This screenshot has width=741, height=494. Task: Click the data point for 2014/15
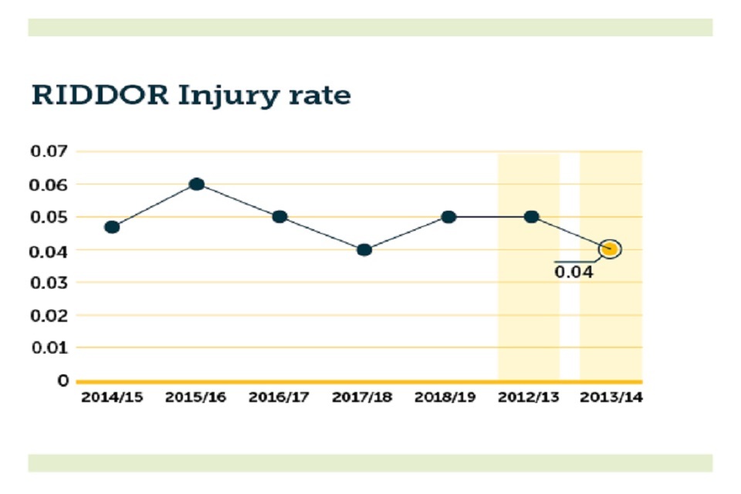pyautogui.click(x=112, y=227)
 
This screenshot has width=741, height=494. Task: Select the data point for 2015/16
pyautogui.click(x=196, y=184)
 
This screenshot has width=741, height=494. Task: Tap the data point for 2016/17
pyautogui.click(x=279, y=217)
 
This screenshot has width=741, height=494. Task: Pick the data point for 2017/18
pyautogui.click(x=364, y=249)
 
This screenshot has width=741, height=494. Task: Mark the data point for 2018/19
pyautogui.click(x=448, y=217)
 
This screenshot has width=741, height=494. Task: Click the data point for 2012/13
pyautogui.click(x=531, y=217)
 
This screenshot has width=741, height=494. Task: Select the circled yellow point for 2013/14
pyautogui.click(x=610, y=249)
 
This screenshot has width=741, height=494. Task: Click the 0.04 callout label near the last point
pyautogui.click(x=574, y=272)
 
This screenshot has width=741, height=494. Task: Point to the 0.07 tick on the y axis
pyautogui.click(x=49, y=151)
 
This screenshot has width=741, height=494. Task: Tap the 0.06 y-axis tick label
pyautogui.click(x=49, y=184)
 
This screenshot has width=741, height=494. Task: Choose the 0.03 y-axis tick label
pyautogui.click(x=49, y=283)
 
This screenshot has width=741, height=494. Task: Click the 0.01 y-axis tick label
pyautogui.click(x=49, y=347)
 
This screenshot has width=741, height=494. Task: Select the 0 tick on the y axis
pyautogui.click(x=63, y=381)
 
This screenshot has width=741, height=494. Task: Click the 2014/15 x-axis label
pyautogui.click(x=111, y=398)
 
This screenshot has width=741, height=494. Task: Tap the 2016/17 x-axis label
pyautogui.click(x=279, y=398)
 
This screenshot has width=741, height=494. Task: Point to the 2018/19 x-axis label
pyautogui.click(x=445, y=398)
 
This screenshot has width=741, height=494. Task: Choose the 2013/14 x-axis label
pyautogui.click(x=612, y=398)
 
